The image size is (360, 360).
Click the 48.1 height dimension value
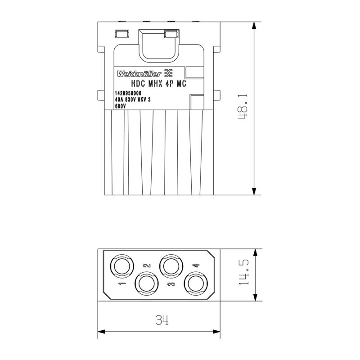[x=243, y=107]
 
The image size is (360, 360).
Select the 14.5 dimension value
[x=243, y=272]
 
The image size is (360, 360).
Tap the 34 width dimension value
[x=162, y=320]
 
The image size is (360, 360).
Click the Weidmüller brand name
[x=139, y=74]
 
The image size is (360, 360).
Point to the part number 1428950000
[x=128, y=93]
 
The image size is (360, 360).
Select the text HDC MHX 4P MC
[x=159, y=84]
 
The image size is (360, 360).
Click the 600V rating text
[x=120, y=106]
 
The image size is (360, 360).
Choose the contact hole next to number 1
[x=122, y=266]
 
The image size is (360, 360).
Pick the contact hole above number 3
[x=171, y=266]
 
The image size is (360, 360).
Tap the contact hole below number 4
[x=196, y=284]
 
